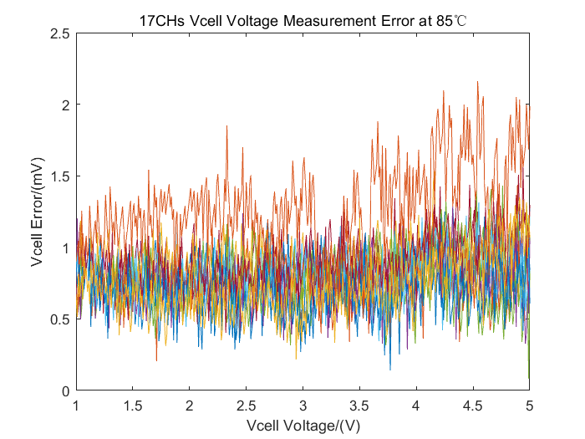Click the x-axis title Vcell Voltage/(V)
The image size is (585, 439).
302,425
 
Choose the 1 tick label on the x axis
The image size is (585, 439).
76,406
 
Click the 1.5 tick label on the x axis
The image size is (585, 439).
133,406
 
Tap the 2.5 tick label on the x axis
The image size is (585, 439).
246,406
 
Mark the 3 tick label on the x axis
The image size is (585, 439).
303,406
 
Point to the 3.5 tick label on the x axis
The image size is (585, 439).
359,406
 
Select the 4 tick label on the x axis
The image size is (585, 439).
416,406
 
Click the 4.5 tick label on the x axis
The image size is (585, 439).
472,406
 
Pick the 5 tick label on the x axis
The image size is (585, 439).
529,406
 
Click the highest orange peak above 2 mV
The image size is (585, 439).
477,83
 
